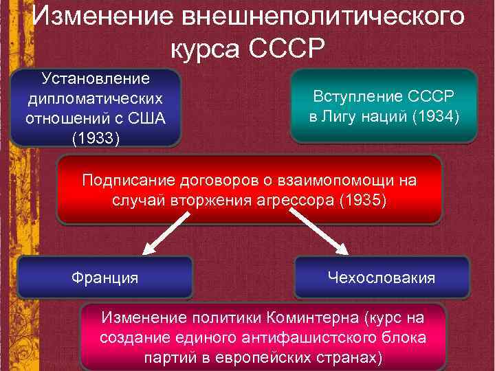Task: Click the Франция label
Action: click(105, 278)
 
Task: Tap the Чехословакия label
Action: click(381, 278)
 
